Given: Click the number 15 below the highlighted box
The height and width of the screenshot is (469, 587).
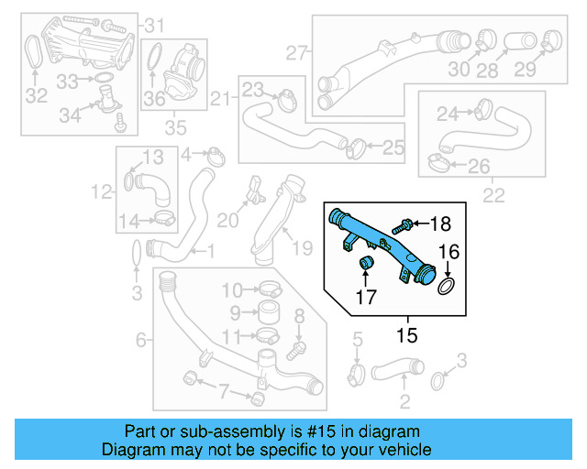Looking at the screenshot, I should (x=406, y=336).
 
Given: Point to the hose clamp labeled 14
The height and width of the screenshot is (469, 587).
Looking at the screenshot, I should (x=166, y=219).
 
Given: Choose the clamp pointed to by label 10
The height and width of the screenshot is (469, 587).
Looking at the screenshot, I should (x=266, y=292).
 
